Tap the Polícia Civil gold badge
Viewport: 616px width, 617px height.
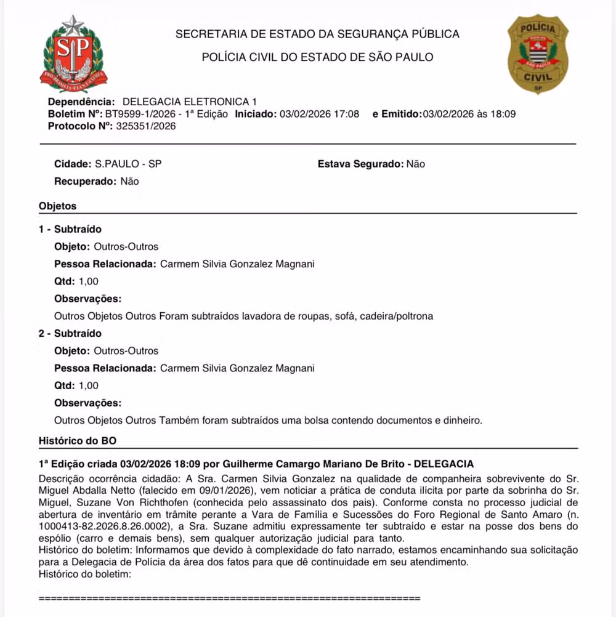coord(537,54)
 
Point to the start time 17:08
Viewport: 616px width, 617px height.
coord(347,114)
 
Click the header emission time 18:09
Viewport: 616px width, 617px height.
coord(503,114)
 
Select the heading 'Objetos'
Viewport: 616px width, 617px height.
coord(57,206)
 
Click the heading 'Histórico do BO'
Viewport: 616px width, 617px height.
coord(77,441)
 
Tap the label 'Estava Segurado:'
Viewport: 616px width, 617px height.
coord(360,164)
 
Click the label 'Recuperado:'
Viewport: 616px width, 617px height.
coord(85,182)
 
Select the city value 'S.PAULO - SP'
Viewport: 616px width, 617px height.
coord(129,164)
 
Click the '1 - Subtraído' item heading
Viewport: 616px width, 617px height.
coord(70,229)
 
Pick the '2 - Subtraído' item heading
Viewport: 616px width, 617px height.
coord(70,333)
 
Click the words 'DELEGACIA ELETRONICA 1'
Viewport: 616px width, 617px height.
coord(190,102)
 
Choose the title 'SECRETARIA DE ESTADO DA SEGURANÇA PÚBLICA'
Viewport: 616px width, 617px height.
coord(317,34)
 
